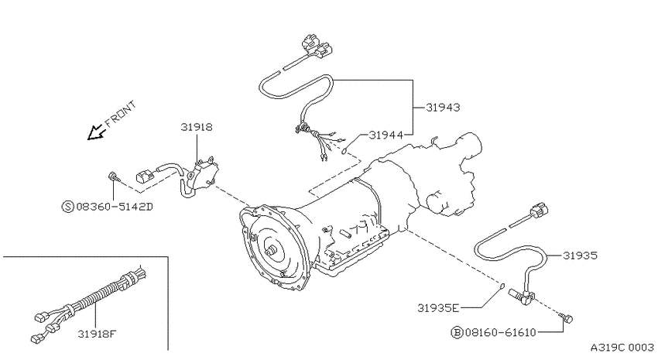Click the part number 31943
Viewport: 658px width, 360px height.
point(443,108)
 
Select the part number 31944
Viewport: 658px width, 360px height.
point(386,135)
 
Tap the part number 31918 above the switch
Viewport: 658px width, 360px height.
point(197,127)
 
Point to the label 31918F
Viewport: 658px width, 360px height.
point(97,334)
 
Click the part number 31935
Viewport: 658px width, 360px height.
point(580,255)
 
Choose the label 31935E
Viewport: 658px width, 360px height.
point(438,308)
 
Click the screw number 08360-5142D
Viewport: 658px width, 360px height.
point(114,207)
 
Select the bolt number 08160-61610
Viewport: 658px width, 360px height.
point(499,333)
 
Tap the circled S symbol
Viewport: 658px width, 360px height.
point(67,207)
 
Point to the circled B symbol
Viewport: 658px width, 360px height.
point(457,333)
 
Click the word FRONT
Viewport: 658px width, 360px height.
point(121,114)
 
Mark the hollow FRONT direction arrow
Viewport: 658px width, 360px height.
point(95,132)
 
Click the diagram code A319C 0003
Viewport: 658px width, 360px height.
point(622,348)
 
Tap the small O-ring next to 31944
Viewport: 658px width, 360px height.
point(345,150)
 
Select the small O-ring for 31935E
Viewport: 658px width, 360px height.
point(501,286)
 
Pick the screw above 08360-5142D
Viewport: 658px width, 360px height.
point(113,177)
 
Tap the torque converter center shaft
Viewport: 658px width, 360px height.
point(270,252)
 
